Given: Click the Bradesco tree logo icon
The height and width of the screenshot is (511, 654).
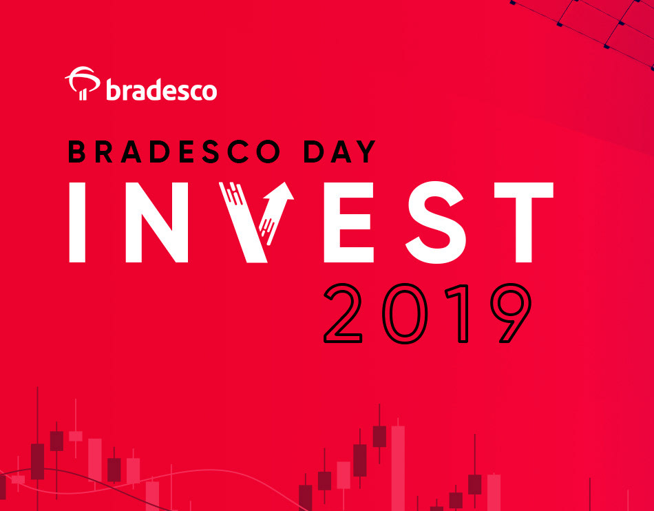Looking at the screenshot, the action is coord(82,83).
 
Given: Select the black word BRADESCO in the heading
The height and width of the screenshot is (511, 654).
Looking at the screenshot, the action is coord(174,152).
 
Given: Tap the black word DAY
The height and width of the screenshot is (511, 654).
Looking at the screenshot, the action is coord(340,152).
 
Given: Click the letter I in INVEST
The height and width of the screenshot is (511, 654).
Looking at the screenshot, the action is coord(77,222).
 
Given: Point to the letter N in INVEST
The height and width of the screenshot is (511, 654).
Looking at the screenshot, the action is coord(157,222).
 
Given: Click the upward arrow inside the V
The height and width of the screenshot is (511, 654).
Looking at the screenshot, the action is coord(276,213).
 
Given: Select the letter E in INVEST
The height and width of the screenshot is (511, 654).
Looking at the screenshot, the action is coord(349,222).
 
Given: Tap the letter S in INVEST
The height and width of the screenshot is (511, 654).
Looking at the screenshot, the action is coord(436,222).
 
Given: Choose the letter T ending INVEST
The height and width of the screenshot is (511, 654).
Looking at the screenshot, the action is coord(523,222).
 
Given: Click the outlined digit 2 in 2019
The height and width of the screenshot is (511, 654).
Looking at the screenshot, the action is coord(343,313).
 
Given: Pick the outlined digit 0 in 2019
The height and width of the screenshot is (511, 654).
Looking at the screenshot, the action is coord(405,313).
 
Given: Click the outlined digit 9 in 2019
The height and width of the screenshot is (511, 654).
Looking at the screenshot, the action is coord(511,313).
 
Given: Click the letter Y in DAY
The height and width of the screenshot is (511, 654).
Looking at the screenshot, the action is coord(366,152).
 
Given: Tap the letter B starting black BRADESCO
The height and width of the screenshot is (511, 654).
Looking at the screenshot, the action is coord(76,152).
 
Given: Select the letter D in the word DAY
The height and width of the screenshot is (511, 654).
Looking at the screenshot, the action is coord(314,152).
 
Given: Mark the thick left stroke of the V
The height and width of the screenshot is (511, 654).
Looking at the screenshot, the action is coord(243,222).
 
